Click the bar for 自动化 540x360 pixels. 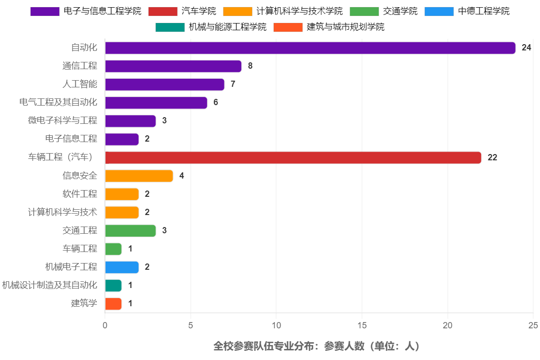pos(310,48)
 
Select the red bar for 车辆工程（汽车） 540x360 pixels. pos(293,157)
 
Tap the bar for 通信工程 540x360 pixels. pos(173,66)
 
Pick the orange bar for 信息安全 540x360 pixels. pos(139,176)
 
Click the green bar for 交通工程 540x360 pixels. pos(130,230)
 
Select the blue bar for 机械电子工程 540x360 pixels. pos(122,267)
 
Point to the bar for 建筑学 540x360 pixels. pos(113,303)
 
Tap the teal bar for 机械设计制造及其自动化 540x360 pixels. pos(113,285)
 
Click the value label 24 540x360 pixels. pos(526,48)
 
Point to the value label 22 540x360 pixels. pos(492,157)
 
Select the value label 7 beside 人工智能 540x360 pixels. pos(233,84)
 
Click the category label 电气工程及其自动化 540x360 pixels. pos(58,102)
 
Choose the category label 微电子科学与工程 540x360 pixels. pos(62,120)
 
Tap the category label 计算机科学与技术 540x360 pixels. pos(62,212)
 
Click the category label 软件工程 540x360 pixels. pos(80,193)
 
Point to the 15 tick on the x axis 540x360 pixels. pos(362,325)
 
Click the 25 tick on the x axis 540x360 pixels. pos(533,325)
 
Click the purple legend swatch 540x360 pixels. pos(45,12)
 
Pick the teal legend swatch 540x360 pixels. pos(170,27)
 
